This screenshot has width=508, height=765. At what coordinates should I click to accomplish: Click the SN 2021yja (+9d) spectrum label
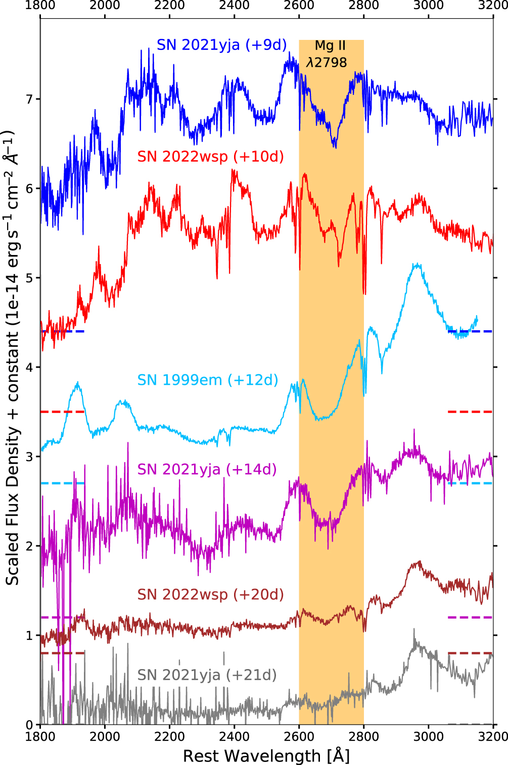point(221,45)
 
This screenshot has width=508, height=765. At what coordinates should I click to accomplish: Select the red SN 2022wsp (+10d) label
point(210,157)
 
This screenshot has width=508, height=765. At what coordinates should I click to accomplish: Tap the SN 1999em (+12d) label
point(208,380)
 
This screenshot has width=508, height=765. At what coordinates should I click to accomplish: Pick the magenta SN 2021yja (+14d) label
point(207,469)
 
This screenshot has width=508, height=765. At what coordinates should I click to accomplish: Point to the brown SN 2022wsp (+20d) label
point(210,594)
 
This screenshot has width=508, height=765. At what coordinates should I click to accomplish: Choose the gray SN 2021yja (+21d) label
point(207,675)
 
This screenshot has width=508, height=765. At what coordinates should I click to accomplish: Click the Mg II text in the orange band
point(330,45)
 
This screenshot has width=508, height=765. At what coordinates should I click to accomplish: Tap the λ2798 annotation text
point(327,63)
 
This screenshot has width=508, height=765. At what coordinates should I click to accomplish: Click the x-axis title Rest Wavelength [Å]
point(266,755)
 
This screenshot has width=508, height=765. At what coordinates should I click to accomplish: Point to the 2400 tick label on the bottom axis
point(235,736)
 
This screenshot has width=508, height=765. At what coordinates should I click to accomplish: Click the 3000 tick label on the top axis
point(429,6)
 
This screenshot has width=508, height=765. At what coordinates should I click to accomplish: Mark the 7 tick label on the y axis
point(29,99)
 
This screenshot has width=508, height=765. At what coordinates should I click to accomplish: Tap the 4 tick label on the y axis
point(29,367)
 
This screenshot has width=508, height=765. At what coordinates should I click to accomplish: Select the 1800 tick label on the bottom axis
point(40,736)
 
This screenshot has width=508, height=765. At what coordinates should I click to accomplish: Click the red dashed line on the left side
point(62,412)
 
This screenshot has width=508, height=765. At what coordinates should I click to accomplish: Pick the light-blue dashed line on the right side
point(470,483)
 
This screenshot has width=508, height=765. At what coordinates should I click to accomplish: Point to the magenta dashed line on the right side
point(470,618)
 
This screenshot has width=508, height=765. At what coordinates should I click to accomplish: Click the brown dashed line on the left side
point(62,653)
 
